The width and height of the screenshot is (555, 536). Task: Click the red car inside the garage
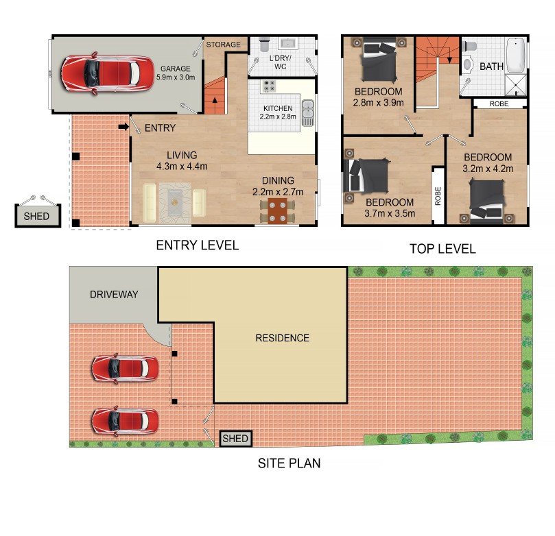coord(108,73)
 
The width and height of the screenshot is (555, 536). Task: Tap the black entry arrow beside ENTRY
coord(123,127)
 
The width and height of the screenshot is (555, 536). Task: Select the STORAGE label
coord(224,45)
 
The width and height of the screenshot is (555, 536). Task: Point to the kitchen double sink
coord(307,113)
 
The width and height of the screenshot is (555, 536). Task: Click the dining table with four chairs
coord(277,211)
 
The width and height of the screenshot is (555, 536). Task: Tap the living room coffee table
coord(174,203)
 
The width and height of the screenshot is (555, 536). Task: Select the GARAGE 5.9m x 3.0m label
coord(176,73)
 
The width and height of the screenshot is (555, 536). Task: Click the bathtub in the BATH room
coord(516,55)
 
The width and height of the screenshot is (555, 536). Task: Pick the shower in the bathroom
coord(516,85)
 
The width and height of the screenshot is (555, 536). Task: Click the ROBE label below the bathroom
coord(499,103)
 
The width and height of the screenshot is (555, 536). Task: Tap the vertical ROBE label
coord(438,196)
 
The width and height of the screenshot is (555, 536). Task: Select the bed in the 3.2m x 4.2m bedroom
coord(486,201)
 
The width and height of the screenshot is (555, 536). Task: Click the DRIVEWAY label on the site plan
coord(114,294)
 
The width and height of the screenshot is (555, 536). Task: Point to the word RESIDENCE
coord(282,338)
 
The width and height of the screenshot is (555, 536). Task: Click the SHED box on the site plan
coord(235,439)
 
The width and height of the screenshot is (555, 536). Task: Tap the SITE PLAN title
coord(290,463)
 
